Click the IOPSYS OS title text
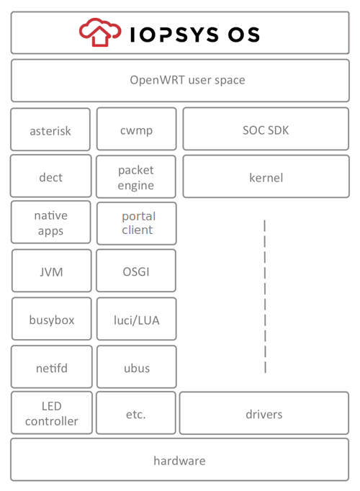pyautogui.click(x=194, y=34)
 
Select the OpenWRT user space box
pyautogui.click(x=180, y=80)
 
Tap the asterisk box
pyautogui.click(x=50, y=130)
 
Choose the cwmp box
pyautogui.click(x=136, y=130)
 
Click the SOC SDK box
pyautogui.click(x=266, y=130)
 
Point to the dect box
pyautogui.click(x=50, y=176)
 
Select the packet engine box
pyautogui.click(x=136, y=177)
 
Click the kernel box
pyautogui.click(x=266, y=176)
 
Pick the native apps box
pyautogui.click(x=50, y=223)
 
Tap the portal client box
pyautogui.click(x=137, y=223)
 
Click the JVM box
pyautogui.click(x=51, y=271)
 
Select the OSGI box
pyautogui.click(x=136, y=271)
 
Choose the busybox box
pyautogui.click(x=51, y=319)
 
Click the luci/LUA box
pyautogui.click(x=136, y=319)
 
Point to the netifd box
pyautogui.click(x=51, y=367)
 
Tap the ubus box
pyautogui.click(x=136, y=367)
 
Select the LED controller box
pyautogui.click(x=51, y=413)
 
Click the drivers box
pyautogui.click(x=264, y=414)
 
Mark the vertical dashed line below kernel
pyautogui.click(x=265, y=295)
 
